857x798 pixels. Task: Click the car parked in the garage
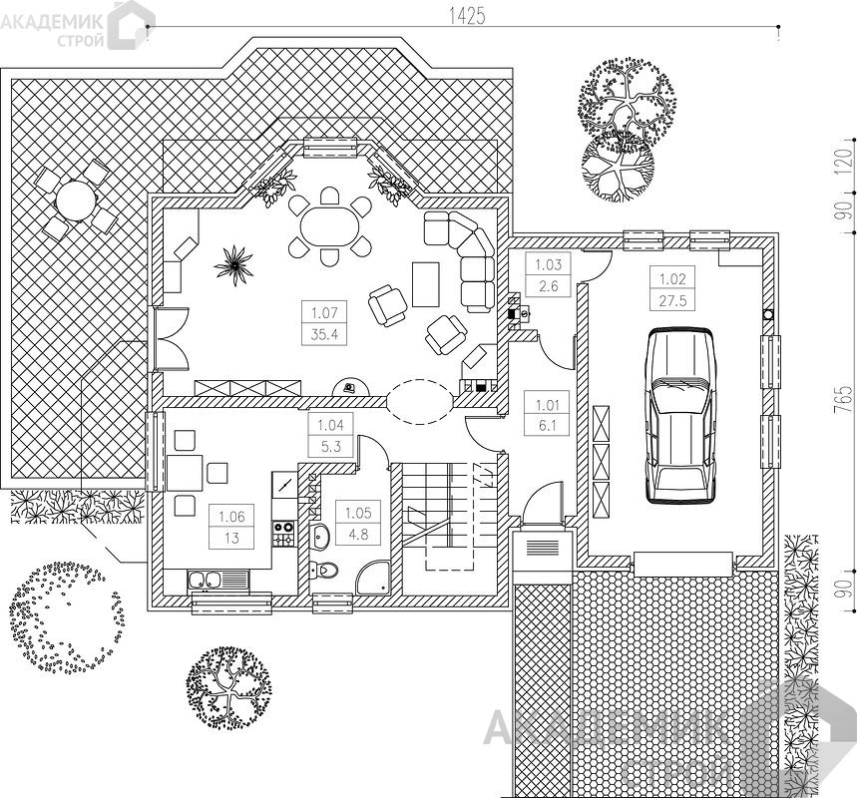click(679, 415)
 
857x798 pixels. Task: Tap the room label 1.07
click(324, 313)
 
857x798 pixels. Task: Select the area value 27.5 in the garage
click(672, 300)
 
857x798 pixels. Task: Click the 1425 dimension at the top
click(467, 16)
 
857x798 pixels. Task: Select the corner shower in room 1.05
click(373, 577)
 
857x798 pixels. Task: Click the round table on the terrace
click(76, 200)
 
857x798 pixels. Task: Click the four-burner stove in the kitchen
click(283, 534)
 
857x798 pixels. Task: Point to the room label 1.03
click(548, 265)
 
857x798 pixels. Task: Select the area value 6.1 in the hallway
click(547, 425)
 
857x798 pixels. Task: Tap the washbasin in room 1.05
click(319, 538)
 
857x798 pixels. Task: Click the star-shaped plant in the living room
click(233, 265)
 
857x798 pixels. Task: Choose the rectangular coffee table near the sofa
click(426, 284)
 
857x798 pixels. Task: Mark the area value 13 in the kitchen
click(231, 538)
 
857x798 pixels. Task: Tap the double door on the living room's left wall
click(172, 339)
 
